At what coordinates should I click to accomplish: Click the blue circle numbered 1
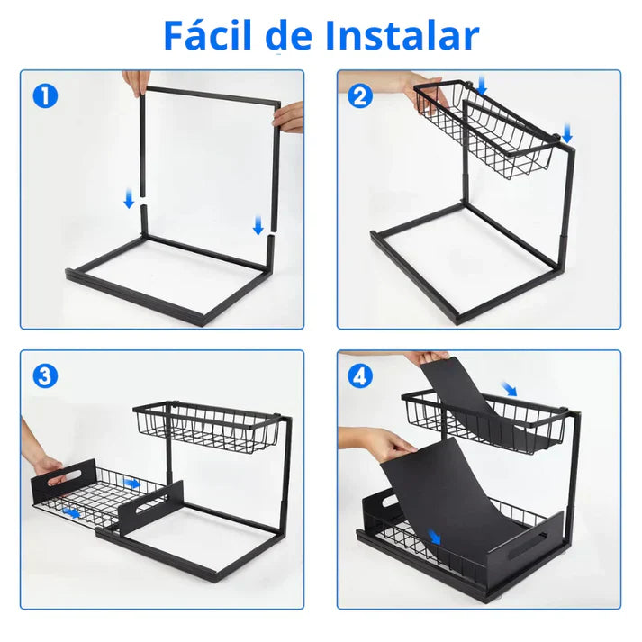coord(45,96)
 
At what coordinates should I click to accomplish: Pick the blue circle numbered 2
coord(360,96)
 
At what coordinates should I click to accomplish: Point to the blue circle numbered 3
coord(45,375)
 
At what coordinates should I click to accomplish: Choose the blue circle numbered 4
coord(360,375)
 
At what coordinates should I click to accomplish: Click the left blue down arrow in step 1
coord(129,199)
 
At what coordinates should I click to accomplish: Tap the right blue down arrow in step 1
coord(258,225)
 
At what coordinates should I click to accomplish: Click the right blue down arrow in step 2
coord(567,134)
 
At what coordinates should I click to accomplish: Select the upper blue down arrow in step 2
coord(482,85)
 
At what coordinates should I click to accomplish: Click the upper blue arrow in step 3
coord(131,484)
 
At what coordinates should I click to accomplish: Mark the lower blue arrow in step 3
coord(71,512)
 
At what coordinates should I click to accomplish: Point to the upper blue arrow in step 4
coord(510,389)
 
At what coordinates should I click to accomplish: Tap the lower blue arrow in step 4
coord(434,537)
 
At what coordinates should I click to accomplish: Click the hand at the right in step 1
coord(289,117)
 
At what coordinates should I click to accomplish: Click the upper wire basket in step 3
coord(208,427)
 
